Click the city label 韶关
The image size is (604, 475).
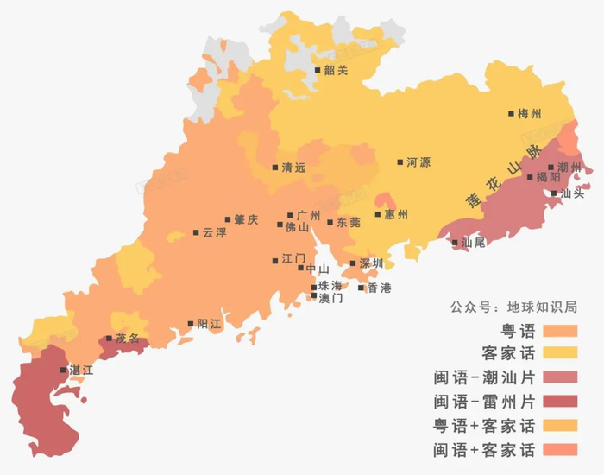tap(336, 71)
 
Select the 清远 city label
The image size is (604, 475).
tap(293, 168)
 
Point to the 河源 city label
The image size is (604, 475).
tap(418, 162)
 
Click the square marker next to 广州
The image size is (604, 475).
tap(291, 215)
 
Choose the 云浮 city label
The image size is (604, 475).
tap(214, 233)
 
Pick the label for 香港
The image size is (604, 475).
tap(379, 288)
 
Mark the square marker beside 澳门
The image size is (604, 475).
tap(314, 297)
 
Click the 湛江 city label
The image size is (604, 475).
tap(80, 370)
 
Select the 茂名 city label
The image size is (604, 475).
tap(127, 339)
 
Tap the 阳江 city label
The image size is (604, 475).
tap(210, 324)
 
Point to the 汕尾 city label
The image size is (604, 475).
tap(474, 243)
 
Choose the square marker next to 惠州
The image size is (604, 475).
tap(378, 214)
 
